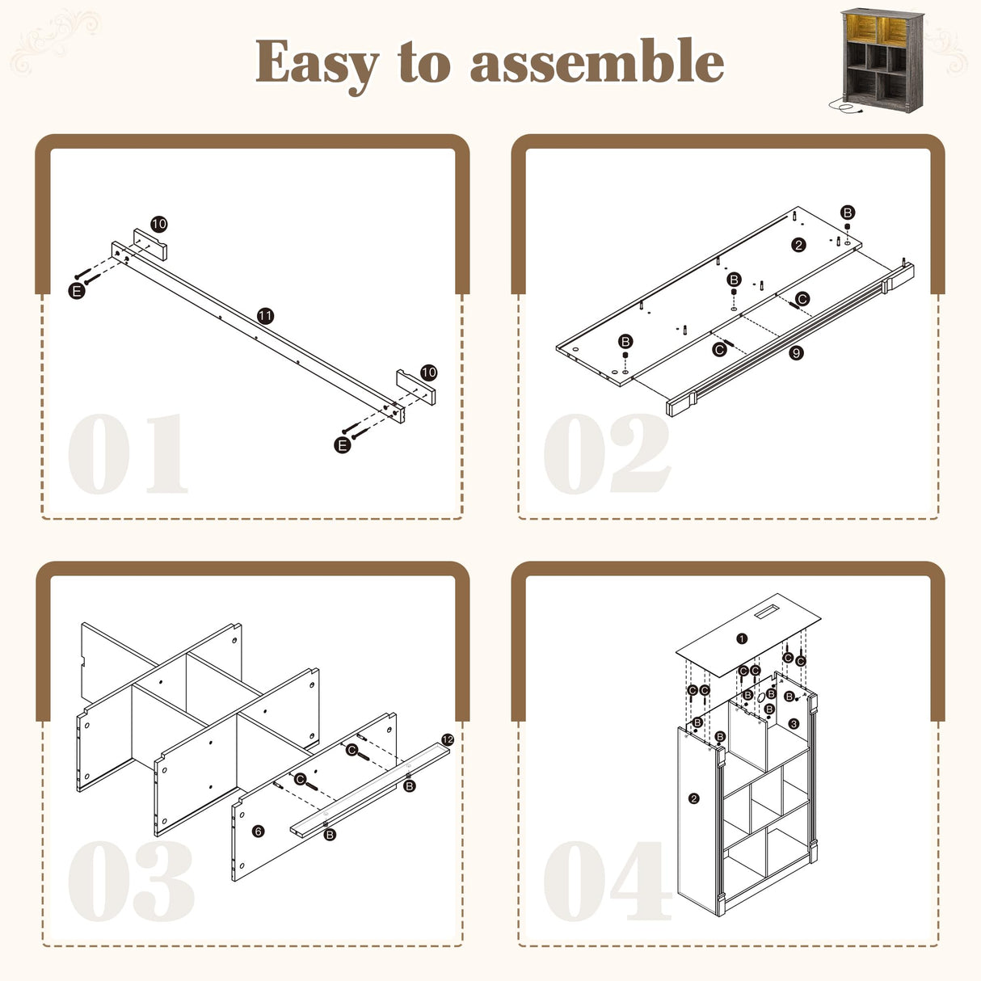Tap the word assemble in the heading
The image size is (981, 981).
(596, 61)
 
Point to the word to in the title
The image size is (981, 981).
(425, 62)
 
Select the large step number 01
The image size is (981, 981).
(128, 453)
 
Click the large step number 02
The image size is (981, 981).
(608, 453)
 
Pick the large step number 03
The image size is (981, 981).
(131, 881)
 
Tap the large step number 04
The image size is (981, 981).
(608, 881)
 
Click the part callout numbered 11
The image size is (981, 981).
(265, 316)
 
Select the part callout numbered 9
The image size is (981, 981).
(796, 352)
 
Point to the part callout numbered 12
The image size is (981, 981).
(448, 739)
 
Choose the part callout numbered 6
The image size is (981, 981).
(259, 832)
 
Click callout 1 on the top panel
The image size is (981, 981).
(743, 638)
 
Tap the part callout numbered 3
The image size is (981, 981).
(794, 723)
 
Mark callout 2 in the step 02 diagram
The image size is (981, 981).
(798, 246)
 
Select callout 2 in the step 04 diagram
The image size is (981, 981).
(694, 798)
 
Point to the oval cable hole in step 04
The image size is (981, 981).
(760, 699)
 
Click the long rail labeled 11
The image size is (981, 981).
(258, 332)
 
